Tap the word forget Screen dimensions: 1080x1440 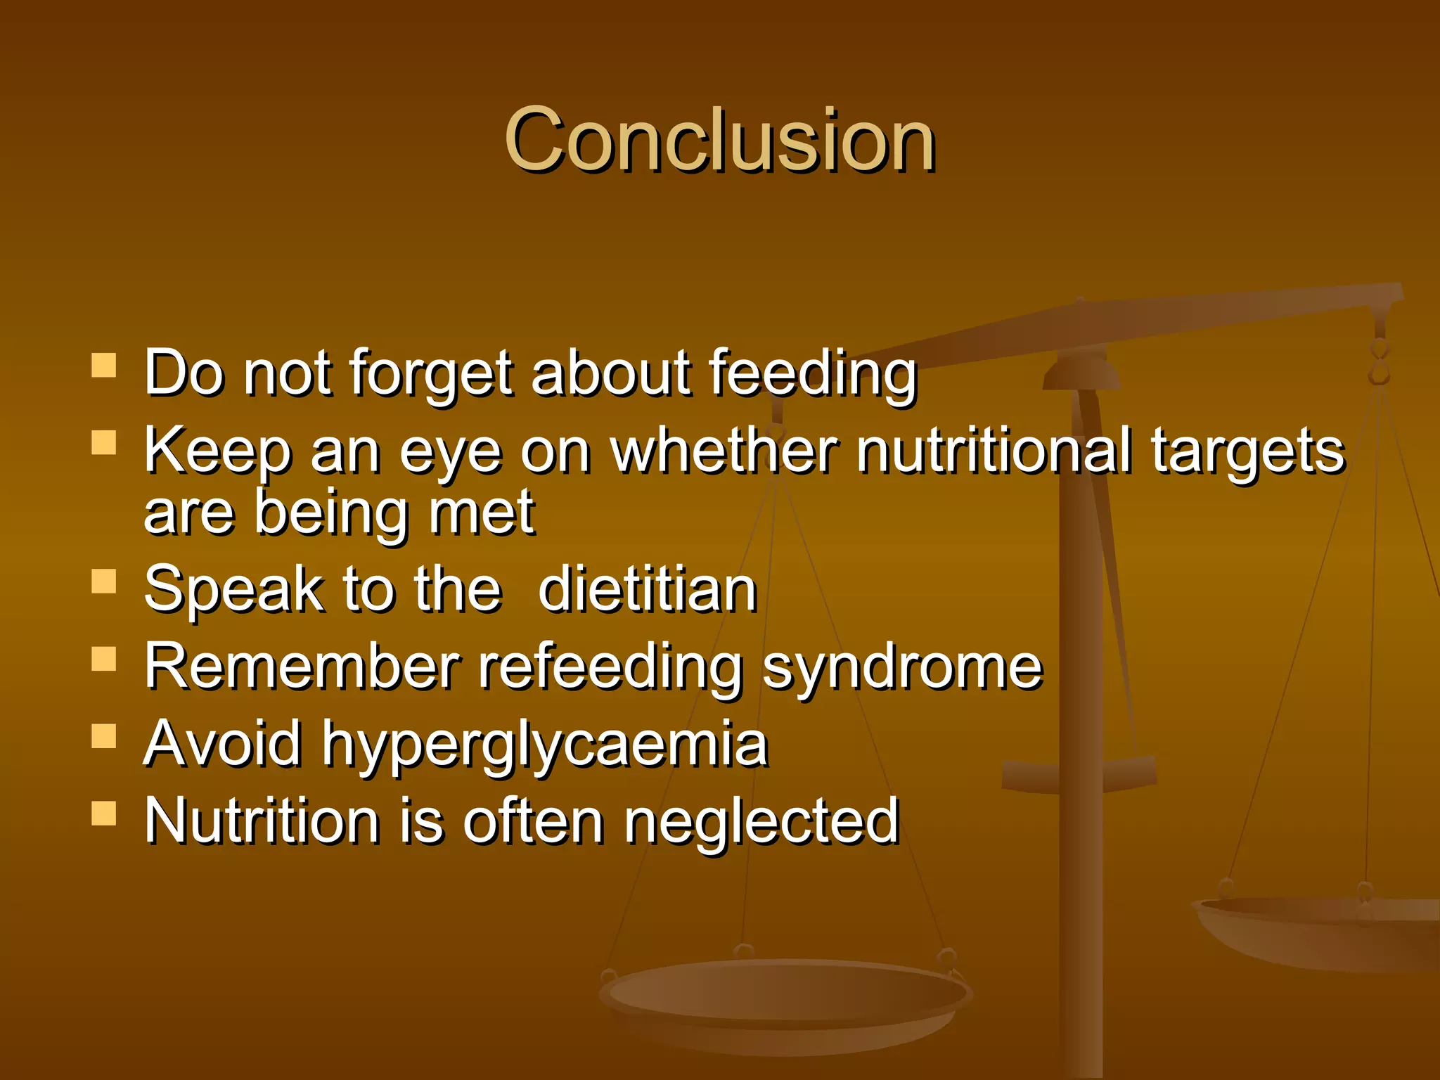click(x=431, y=373)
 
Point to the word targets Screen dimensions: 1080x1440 click(x=1247, y=452)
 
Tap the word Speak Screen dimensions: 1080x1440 click(x=233, y=591)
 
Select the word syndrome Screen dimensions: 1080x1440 click(x=903, y=668)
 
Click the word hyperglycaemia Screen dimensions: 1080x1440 click(x=545, y=745)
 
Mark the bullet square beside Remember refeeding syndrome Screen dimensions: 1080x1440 click(x=104, y=660)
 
